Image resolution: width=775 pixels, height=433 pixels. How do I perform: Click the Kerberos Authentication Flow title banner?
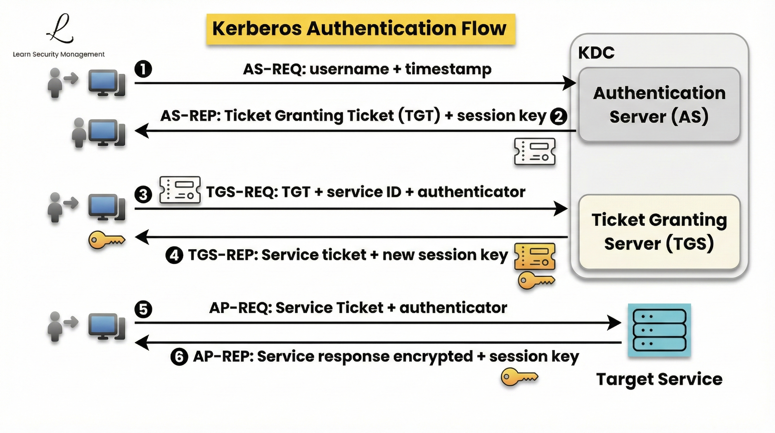pyautogui.click(x=361, y=29)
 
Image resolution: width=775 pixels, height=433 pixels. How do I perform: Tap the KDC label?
pyautogui.click(x=596, y=53)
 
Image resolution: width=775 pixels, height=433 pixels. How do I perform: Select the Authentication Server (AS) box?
pyautogui.click(x=659, y=105)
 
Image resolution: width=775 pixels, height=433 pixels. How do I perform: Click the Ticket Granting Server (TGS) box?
pyautogui.click(x=659, y=232)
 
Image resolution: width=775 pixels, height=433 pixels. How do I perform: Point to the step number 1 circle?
pyautogui.click(x=143, y=69)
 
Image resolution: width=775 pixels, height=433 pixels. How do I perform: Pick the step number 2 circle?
pyautogui.click(x=558, y=117)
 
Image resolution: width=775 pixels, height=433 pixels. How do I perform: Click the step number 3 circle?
pyautogui.click(x=143, y=195)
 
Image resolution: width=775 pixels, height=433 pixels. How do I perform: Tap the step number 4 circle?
pyautogui.click(x=174, y=255)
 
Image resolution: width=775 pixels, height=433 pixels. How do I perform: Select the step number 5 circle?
pyautogui.click(x=143, y=309)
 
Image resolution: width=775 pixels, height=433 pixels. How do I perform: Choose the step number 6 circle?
pyautogui.click(x=179, y=357)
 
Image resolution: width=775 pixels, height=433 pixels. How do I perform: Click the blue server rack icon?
pyautogui.click(x=659, y=330)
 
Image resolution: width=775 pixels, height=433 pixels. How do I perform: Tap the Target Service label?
pyautogui.click(x=659, y=379)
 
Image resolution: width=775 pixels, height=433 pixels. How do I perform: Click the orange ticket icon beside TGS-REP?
pyautogui.click(x=535, y=256)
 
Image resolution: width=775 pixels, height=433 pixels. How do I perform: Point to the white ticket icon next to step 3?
pyautogui.click(x=180, y=190)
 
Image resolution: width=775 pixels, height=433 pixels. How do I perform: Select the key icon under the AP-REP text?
pyautogui.click(x=519, y=377)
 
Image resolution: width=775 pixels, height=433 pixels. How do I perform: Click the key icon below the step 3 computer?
pyautogui.click(x=107, y=240)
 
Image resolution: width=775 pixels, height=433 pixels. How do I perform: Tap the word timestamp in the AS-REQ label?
pyautogui.click(x=448, y=70)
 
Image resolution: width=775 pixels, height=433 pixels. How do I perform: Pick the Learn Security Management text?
pyautogui.click(x=59, y=54)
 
